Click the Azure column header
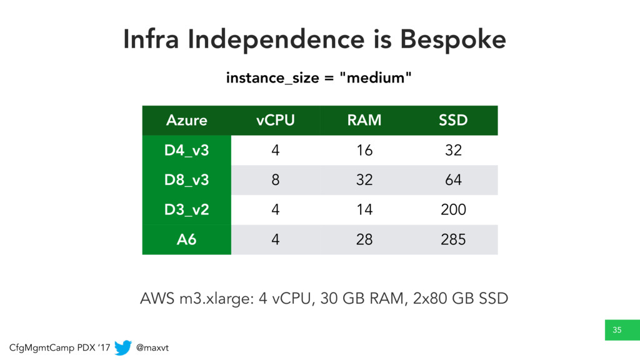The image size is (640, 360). pyautogui.click(x=186, y=121)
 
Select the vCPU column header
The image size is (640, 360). pyautogui.click(x=276, y=121)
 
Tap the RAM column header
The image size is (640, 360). pyautogui.click(x=364, y=121)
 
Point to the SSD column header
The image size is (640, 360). pyautogui.click(x=453, y=121)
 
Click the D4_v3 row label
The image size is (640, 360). pyautogui.click(x=186, y=150)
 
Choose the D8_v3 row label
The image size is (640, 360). pyautogui.click(x=186, y=180)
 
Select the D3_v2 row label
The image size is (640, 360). pyautogui.click(x=186, y=210)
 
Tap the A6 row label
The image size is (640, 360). pyautogui.click(x=186, y=239)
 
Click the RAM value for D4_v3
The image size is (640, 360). pyautogui.click(x=364, y=150)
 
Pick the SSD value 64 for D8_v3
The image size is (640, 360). pyautogui.click(x=453, y=180)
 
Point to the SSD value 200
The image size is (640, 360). pyautogui.click(x=453, y=210)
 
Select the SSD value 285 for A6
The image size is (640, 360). pyautogui.click(x=453, y=239)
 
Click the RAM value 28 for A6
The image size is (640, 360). pyautogui.click(x=364, y=239)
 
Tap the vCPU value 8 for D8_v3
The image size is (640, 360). pyautogui.click(x=276, y=180)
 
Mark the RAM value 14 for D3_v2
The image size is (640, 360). pyautogui.click(x=364, y=210)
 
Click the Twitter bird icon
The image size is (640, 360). pyautogui.click(x=123, y=347)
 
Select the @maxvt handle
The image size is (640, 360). pyautogui.click(x=152, y=347)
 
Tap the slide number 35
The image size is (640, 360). pyautogui.click(x=617, y=330)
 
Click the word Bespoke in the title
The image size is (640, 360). pyautogui.click(x=452, y=39)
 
